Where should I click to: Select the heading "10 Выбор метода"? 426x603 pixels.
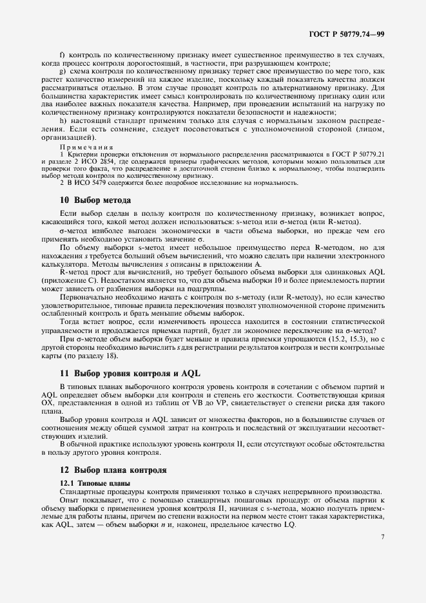coord(95,200)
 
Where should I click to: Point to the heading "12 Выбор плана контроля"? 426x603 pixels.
coord(113,470)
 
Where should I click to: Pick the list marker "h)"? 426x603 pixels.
coord(63,120)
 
